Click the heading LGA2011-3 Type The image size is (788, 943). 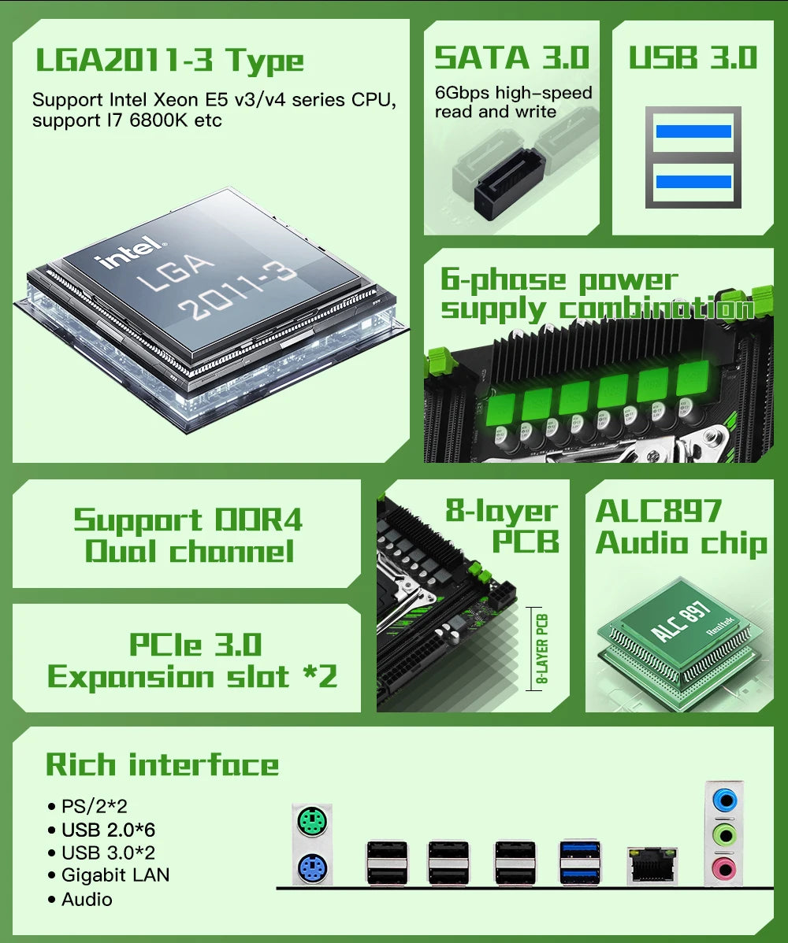[169, 61]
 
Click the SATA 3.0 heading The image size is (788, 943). [512, 57]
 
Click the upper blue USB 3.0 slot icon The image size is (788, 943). [693, 131]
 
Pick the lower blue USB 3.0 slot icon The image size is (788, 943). [693, 182]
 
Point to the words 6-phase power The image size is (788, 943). [559, 280]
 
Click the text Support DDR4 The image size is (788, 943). [188, 520]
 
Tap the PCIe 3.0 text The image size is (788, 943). [195, 645]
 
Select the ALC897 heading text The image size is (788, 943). [658, 511]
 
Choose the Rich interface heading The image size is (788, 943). [162, 764]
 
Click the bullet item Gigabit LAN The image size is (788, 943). [115, 875]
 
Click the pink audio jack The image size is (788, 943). [723, 868]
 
